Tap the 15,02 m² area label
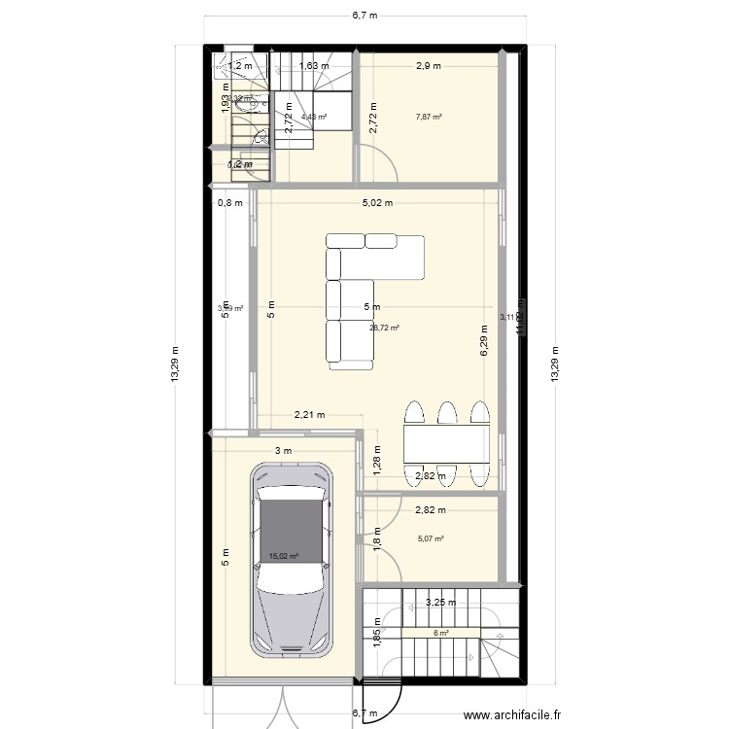point(283,557)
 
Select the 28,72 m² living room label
point(385,329)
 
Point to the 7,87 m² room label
point(429,118)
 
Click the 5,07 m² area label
point(431,539)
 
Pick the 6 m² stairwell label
point(441,634)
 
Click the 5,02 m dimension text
point(377,203)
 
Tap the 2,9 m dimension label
point(429,66)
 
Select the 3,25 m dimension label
point(441,603)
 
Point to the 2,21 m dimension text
point(309,415)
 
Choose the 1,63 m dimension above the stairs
point(313,66)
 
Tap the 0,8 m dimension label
point(230,203)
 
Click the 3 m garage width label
point(282,451)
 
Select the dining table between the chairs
point(446,443)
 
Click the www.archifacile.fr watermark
point(512,716)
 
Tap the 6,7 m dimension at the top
point(364,16)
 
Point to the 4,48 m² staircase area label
point(313,118)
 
